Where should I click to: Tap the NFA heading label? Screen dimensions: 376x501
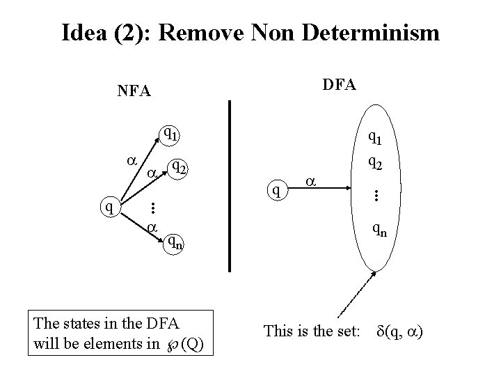coord(134,91)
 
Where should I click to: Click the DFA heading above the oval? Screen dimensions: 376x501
coord(340,84)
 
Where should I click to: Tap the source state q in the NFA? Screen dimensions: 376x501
coord(107,206)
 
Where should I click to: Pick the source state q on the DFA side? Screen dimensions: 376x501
coord(278,187)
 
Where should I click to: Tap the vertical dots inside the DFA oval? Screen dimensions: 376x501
coord(376,197)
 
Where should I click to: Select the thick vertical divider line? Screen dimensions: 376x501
coord(230,185)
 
